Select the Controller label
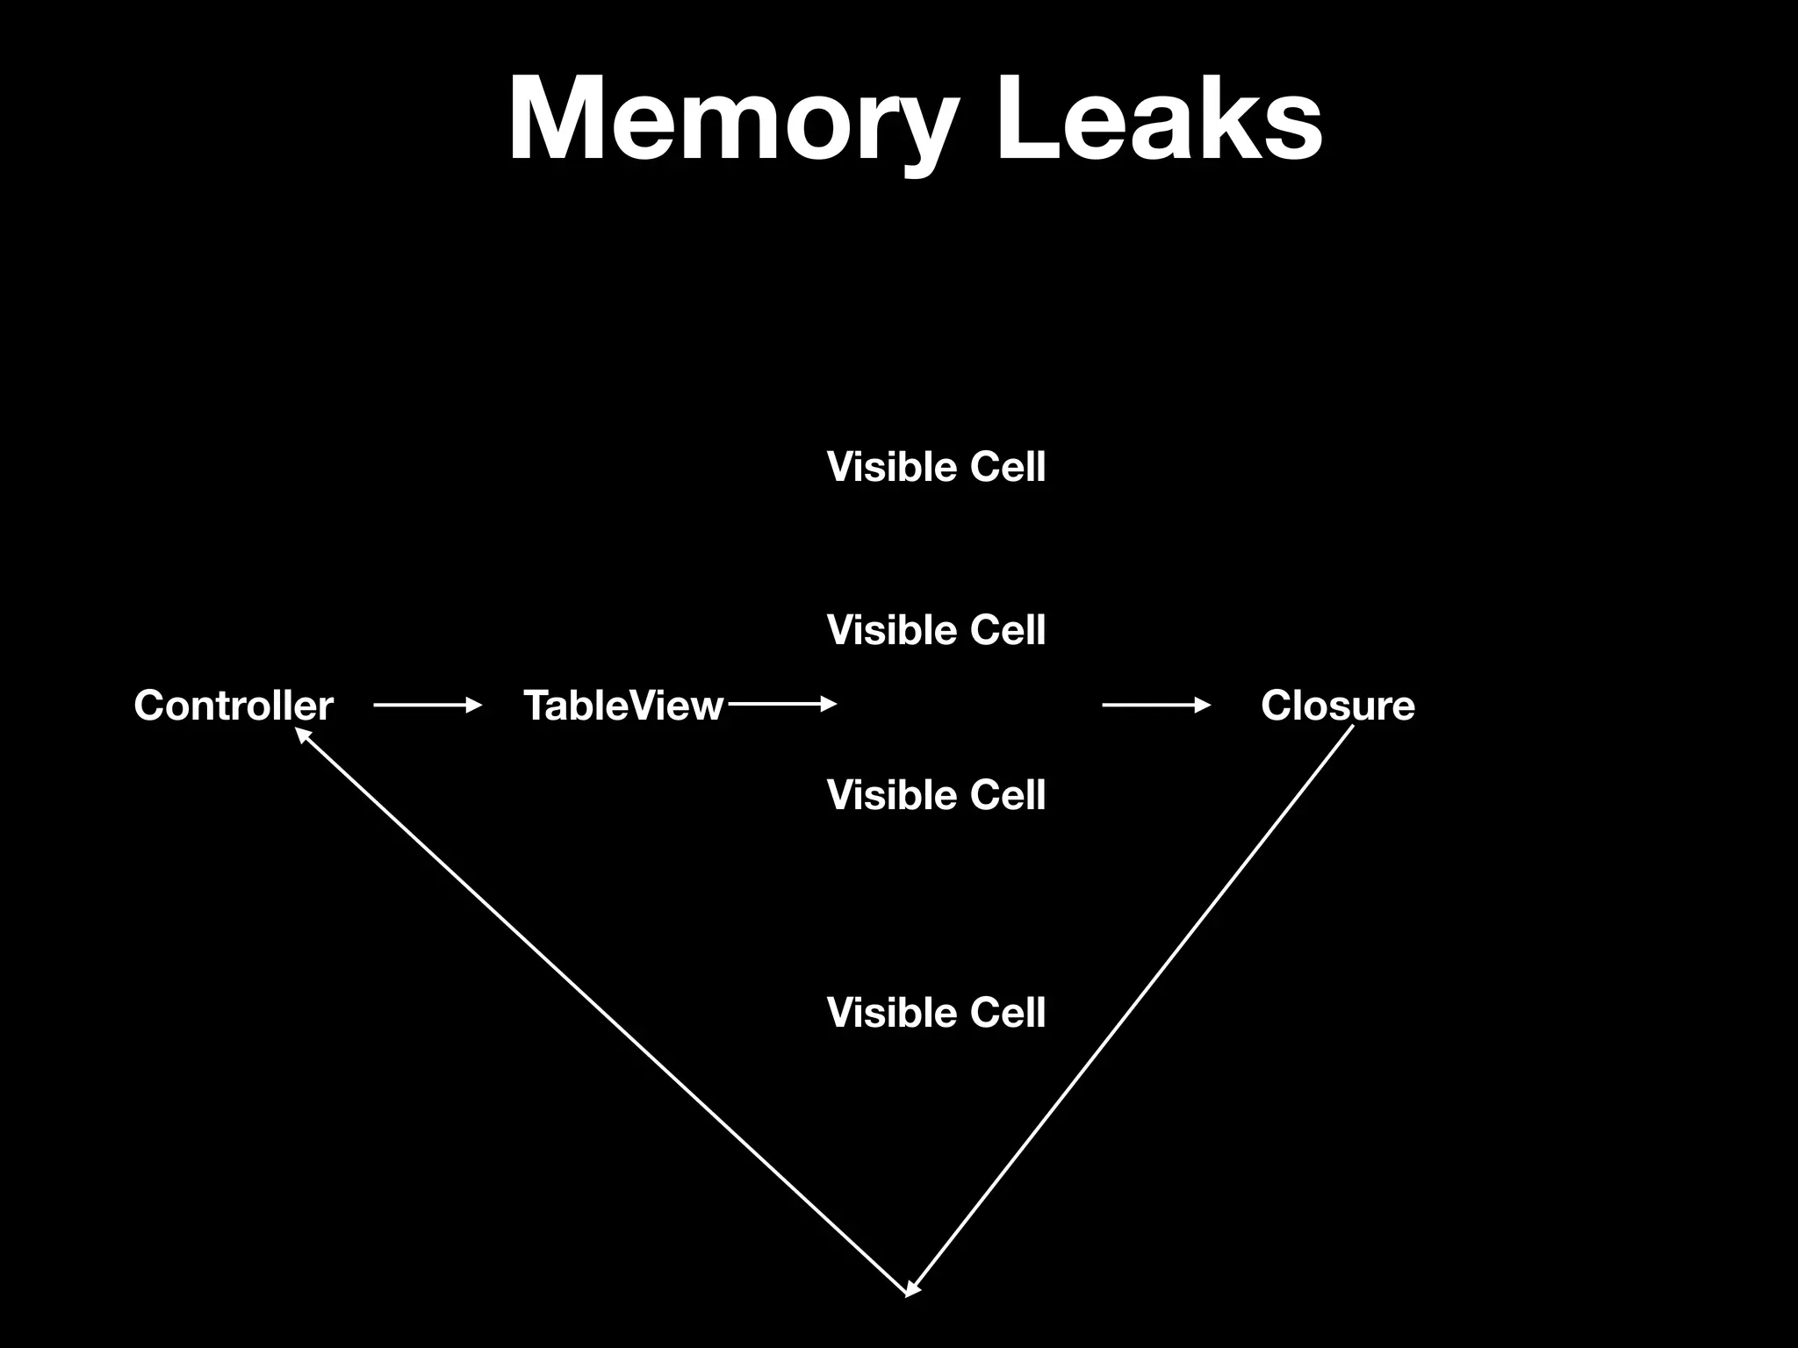(234, 706)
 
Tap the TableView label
(623, 706)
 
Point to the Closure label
(1338, 706)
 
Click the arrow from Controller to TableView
(427, 705)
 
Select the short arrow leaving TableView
(781, 704)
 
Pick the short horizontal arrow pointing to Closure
(1155, 705)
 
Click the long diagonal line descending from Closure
(1133, 1009)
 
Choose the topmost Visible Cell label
(936, 467)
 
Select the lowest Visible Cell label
(936, 1013)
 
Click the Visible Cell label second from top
(936, 630)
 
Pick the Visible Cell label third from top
(936, 795)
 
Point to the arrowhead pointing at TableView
(475, 705)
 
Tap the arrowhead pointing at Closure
(1204, 705)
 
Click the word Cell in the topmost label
(1007, 467)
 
